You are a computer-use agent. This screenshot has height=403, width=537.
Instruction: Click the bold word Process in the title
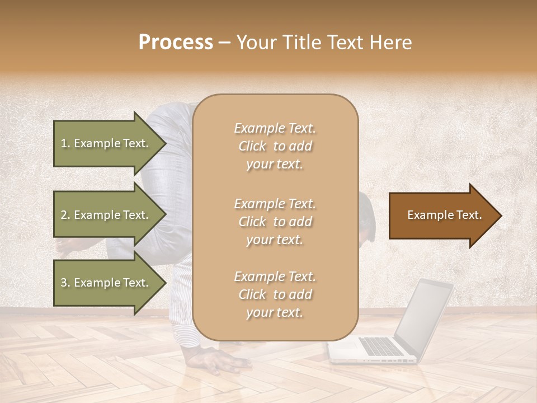(x=176, y=43)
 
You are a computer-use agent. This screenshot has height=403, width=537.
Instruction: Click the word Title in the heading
(x=305, y=43)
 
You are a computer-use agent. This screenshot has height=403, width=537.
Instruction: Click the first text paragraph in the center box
(x=275, y=146)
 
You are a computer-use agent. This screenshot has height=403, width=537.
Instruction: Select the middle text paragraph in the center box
(x=275, y=222)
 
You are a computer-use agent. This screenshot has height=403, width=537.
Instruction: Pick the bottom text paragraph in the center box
(x=275, y=294)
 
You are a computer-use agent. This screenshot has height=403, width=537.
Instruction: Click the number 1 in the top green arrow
(x=63, y=143)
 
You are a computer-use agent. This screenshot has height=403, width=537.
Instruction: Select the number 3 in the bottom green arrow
(x=64, y=283)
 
